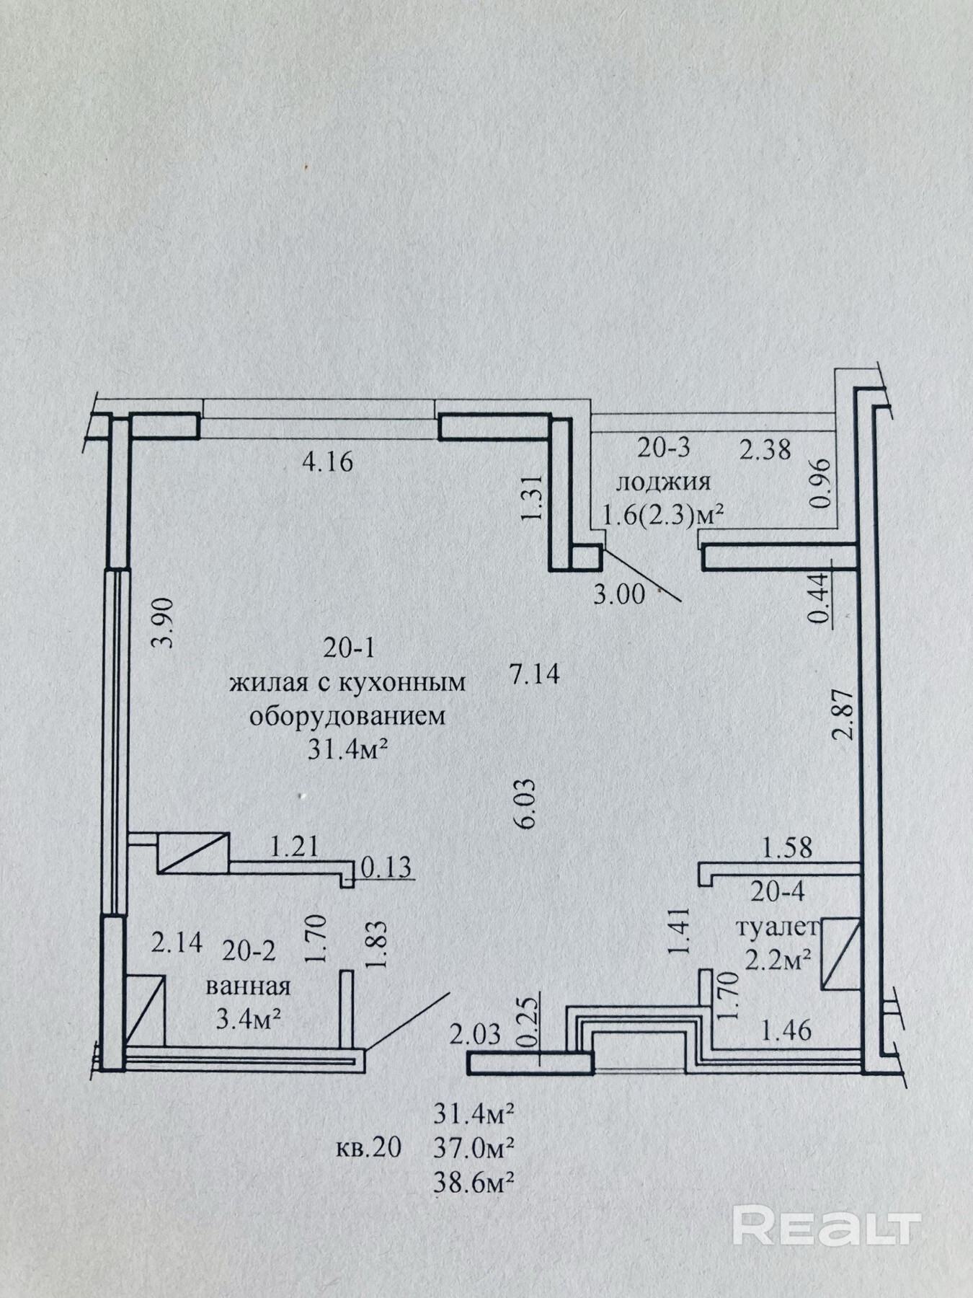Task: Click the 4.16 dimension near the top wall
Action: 328,462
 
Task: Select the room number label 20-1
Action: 349,648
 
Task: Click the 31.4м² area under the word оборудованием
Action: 349,750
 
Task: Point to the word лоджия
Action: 663,482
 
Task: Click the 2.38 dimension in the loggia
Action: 765,449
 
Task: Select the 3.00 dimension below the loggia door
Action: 618,594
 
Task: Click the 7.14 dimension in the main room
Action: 535,675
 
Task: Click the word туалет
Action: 777,927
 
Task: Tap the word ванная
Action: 248,986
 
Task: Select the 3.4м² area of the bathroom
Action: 249,1018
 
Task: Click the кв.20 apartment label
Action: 368,1147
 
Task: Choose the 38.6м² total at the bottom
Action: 474,1182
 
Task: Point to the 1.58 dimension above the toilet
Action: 788,848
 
